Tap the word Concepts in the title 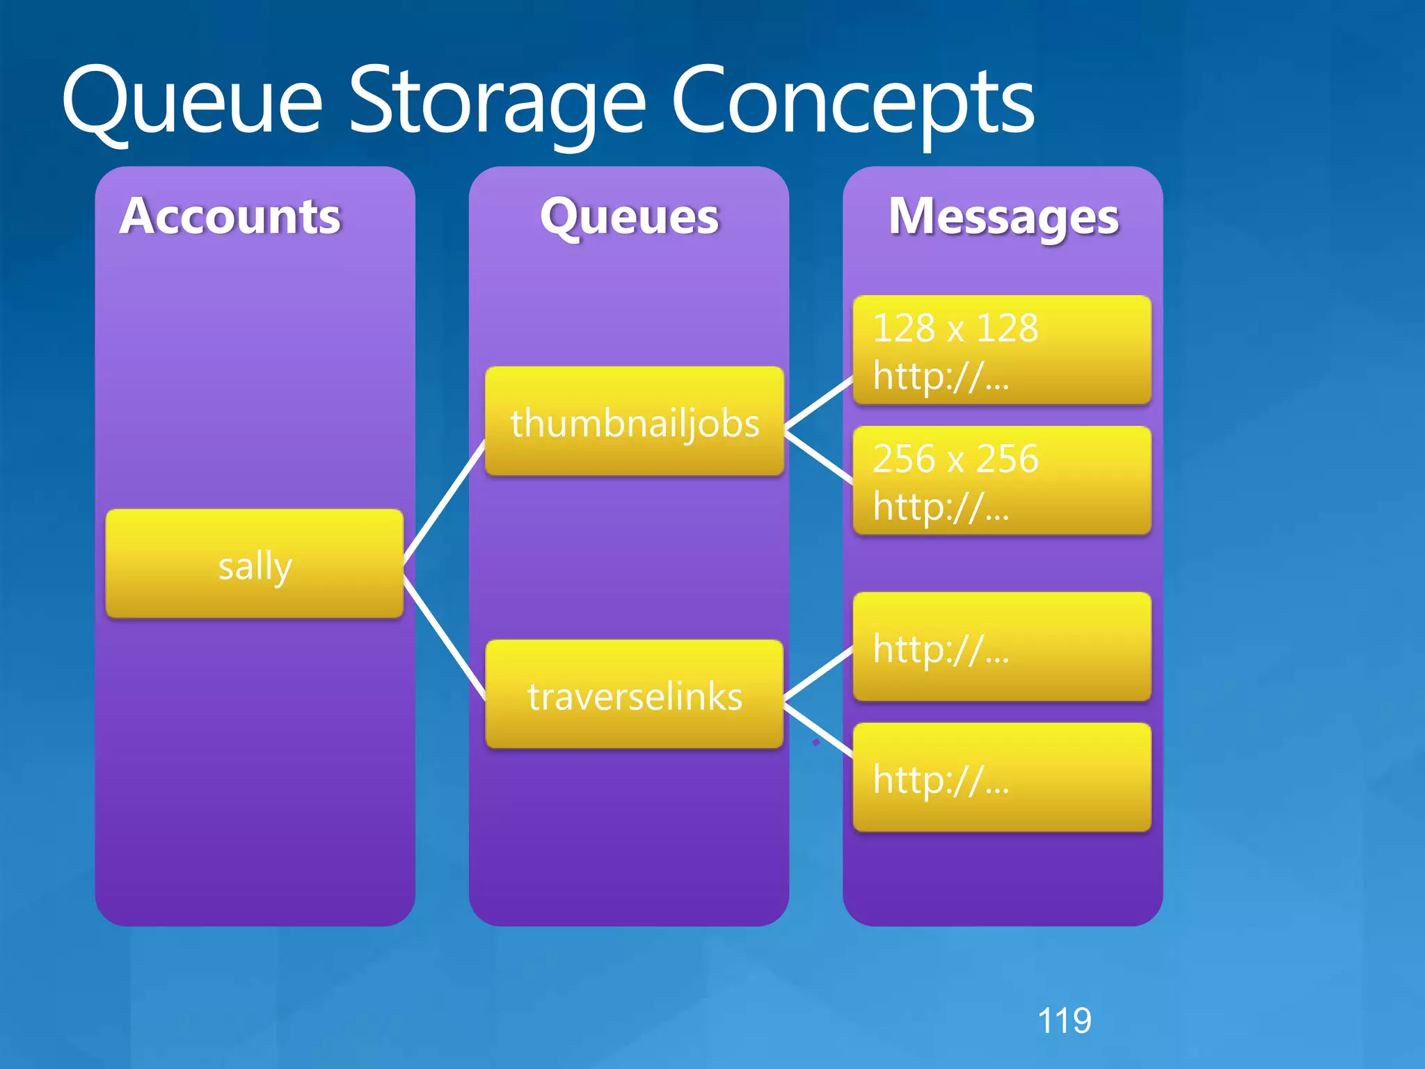[853, 103]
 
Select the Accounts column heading [230, 216]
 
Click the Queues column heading [629, 216]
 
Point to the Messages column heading [1003, 216]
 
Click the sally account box [255, 564]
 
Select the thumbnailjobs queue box [635, 422]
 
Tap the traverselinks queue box [635, 695]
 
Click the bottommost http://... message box [1002, 777]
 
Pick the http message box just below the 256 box [1002, 647]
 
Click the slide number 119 [1064, 1021]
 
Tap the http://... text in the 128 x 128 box [941, 377]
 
